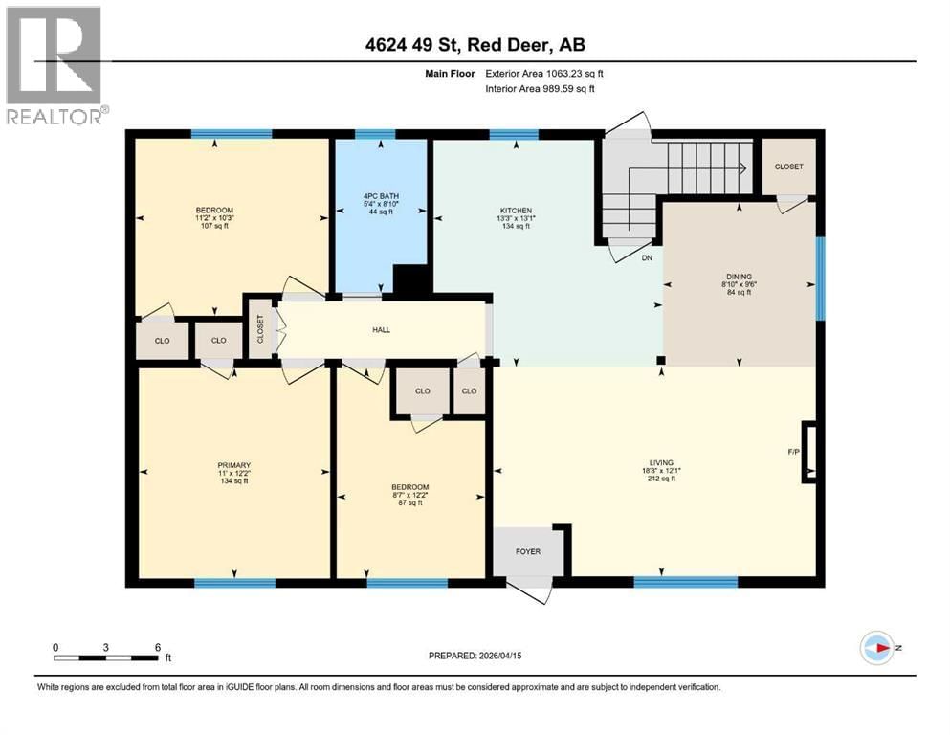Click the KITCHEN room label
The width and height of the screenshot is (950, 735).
(515, 210)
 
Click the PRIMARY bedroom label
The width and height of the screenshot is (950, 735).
(233, 465)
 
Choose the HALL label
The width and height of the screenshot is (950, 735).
(381, 330)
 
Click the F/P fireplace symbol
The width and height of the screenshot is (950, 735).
(809, 449)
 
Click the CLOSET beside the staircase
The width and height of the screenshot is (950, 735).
(788, 167)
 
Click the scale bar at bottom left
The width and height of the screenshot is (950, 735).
(106, 657)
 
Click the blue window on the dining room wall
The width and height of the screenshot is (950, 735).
(819, 278)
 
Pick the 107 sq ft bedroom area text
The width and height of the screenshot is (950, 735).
(214, 227)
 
